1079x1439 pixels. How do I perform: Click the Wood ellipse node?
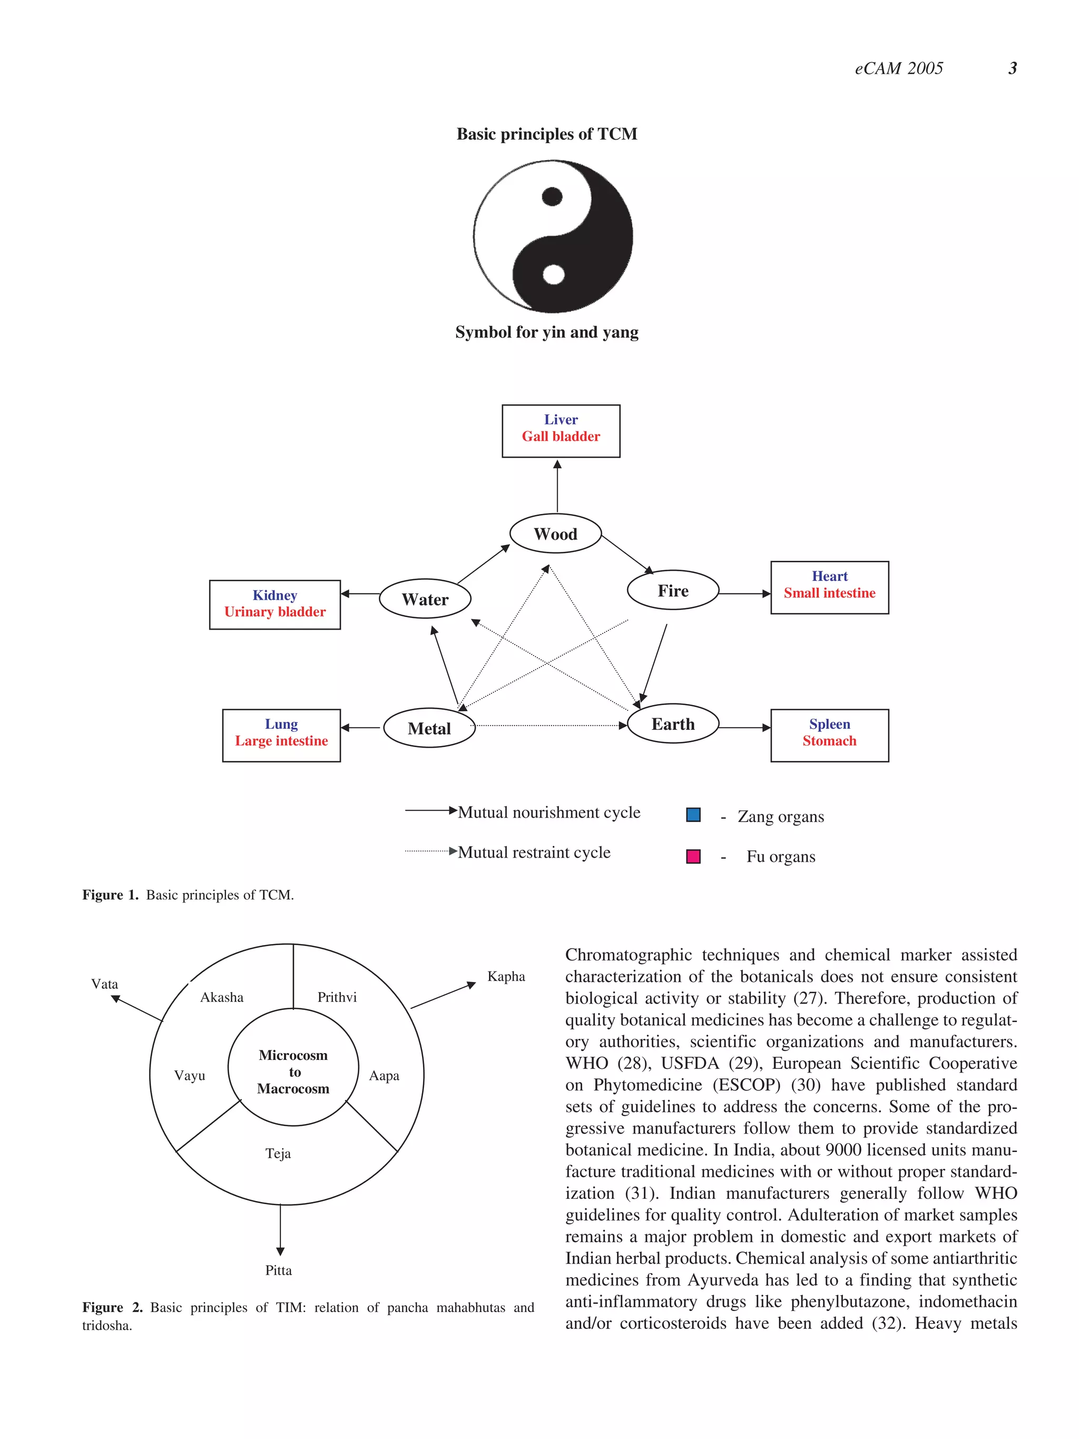click(555, 533)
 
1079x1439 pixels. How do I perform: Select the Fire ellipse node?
click(672, 590)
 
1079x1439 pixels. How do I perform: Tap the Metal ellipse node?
click(429, 728)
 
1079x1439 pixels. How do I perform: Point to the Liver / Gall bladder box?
click(561, 431)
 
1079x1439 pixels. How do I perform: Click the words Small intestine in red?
click(829, 593)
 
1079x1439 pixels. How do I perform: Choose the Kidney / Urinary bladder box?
click(274, 604)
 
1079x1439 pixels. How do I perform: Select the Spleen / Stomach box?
click(829, 735)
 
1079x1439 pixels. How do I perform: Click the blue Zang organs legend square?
click(693, 815)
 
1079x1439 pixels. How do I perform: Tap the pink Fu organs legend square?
click(693, 856)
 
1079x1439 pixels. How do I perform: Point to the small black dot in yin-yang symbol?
click(552, 196)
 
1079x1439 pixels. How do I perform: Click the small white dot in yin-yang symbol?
click(553, 274)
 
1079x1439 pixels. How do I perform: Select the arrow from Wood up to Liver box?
click(557, 486)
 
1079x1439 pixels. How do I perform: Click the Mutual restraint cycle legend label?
click(534, 852)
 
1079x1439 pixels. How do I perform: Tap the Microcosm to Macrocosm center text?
click(293, 1071)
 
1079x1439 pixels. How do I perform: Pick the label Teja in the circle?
click(278, 1154)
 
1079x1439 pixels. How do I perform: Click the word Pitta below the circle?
click(279, 1270)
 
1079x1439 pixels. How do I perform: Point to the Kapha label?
click(506, 976)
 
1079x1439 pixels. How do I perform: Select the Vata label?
click(105, 984)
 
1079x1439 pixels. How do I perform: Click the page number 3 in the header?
click(1012, 68)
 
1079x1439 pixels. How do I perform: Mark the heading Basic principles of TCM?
click(547, 134)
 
